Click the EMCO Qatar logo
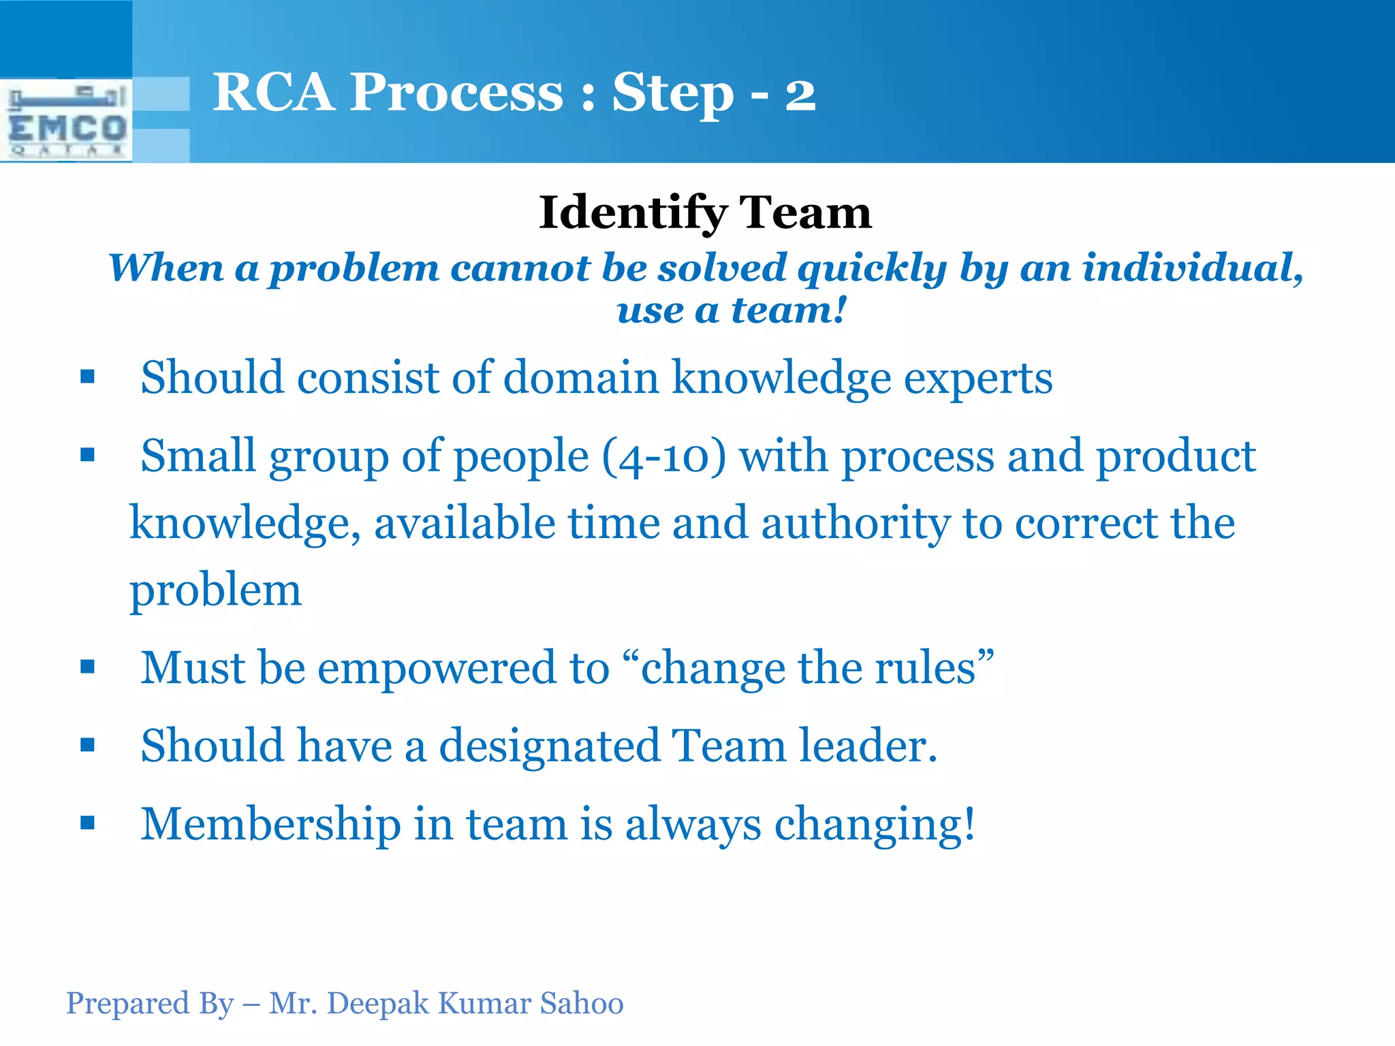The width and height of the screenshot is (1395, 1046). [66, 121]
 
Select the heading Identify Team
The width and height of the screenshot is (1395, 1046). [704, 212]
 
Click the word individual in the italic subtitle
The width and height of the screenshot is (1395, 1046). [1191, 267]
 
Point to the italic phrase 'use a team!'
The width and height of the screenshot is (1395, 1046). [732, 310]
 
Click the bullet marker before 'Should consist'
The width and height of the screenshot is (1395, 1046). [87, 377]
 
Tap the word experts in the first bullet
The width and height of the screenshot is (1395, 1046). [977, 379]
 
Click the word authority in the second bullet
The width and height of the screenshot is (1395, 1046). [855, 523]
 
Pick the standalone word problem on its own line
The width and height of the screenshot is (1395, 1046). [215, 590]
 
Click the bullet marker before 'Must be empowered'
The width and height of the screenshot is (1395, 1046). [87, 667]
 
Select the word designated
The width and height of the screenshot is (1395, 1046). [549, 746]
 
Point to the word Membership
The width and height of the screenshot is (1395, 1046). [270, 824]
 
